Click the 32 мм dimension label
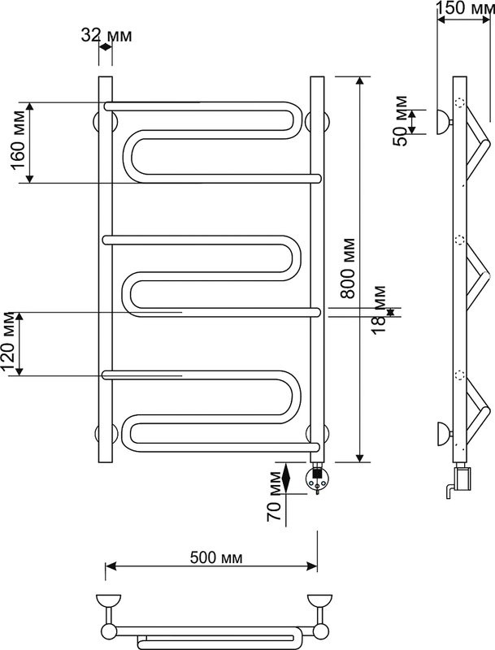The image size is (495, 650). (x=106, y=35)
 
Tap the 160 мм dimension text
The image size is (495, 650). (x=19, y=140)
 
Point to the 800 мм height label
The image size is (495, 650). (x=348, y=268)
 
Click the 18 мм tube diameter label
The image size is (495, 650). (x=378, y=310)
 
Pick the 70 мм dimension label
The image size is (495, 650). (x=274, y=496)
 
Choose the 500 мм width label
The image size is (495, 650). (x=216, y=557)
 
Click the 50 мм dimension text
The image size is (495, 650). (x=401, y=120)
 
